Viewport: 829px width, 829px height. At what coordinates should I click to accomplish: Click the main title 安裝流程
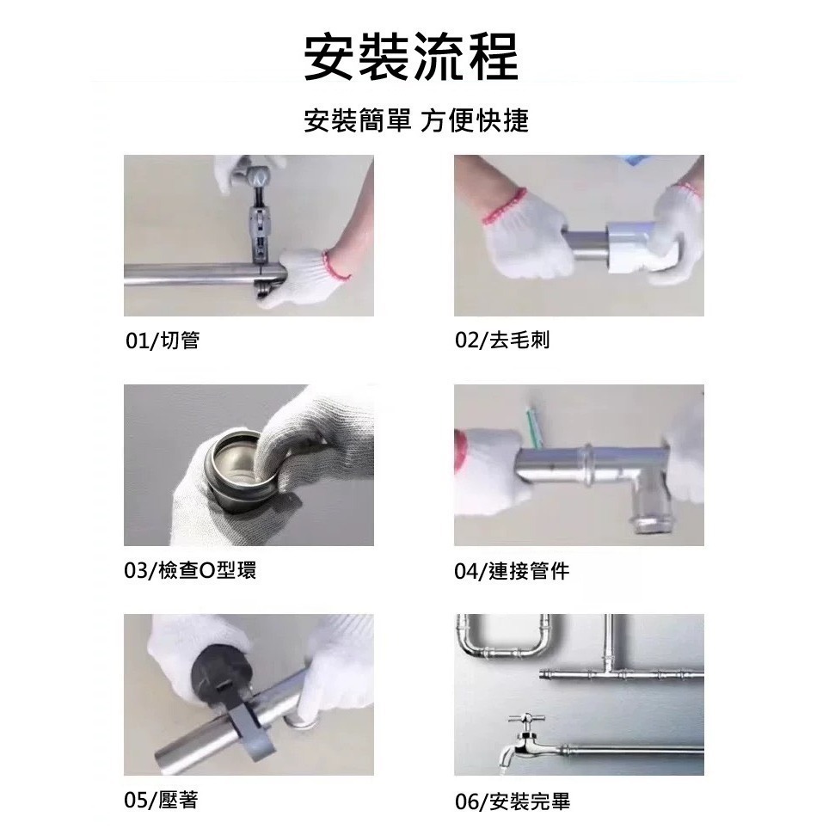[412, 58]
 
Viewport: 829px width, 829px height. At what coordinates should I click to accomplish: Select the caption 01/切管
[163, 341]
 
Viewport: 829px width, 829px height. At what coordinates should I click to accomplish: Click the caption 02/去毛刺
[502, 341]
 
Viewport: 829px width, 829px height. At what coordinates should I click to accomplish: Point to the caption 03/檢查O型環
[190, 570]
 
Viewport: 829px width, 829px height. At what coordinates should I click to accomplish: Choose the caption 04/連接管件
[512, 570]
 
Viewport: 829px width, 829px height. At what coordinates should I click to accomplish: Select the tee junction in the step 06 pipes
[609, 670]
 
